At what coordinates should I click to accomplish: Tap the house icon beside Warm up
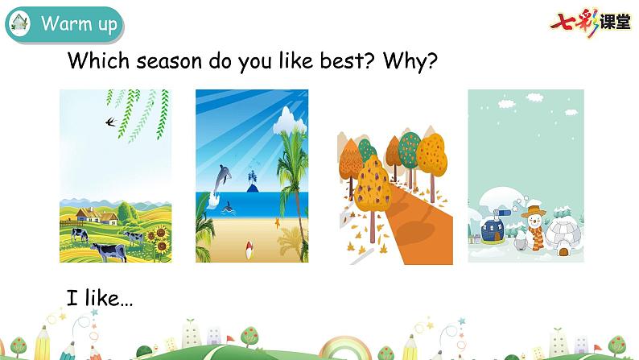click(19, 23)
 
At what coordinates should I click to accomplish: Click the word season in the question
click(169, 61)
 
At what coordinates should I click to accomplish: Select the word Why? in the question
click(410, 61)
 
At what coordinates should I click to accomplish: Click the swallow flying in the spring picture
click(111, 121)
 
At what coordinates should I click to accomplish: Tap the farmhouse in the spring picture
click(97, 215)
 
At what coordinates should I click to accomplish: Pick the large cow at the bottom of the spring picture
click(109, 251)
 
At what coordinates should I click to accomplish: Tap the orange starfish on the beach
click(277, 223)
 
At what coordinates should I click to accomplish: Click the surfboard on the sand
click(249, 249)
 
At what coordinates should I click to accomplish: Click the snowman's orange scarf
click(537, 236)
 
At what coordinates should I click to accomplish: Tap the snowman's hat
click(534, 211)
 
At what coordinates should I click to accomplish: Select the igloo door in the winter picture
click(563, 251)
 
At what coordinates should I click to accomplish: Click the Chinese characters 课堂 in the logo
click(615, 22)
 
